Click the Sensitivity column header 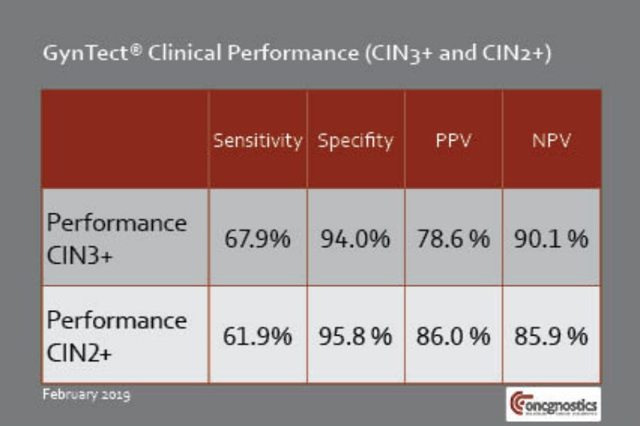[257, 141]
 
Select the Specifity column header [355, 141]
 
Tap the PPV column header [453, 141]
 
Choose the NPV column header [551, 141]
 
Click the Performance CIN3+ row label [116, 237]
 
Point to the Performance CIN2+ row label [116, 335]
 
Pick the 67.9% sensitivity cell [257, 238]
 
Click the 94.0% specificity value [355, 238]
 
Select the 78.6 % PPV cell [453, 238]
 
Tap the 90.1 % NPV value [551, 238]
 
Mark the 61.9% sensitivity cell [257, 336]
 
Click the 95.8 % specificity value [355, 336]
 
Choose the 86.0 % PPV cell [453, 336]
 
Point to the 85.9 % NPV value [551, 336]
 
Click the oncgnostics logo [551, 404]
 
